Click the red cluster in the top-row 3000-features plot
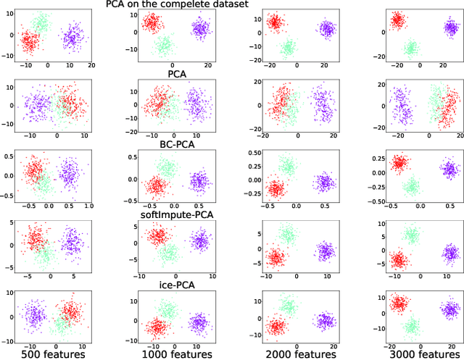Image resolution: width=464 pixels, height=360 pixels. tap(397, 20)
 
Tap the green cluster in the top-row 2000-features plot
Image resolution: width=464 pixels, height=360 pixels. tap(289, 49)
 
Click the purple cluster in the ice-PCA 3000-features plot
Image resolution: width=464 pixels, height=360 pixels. tap(449, 311)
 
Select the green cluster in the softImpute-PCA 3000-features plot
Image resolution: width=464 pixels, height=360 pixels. tap(413, 235)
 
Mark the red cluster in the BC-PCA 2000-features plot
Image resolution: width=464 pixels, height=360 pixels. tap(275, 190)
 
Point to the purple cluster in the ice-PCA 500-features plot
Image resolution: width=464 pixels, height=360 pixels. tap(33, 317)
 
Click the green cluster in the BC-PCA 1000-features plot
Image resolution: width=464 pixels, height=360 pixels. tap(167, 169)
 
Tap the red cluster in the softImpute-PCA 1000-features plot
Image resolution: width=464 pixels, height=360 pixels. tap(156, 236)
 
